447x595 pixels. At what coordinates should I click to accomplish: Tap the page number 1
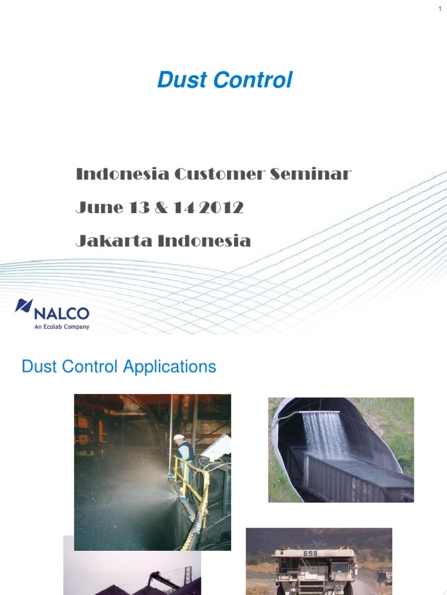tap(440, 9)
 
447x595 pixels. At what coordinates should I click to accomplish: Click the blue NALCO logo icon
tap(23, 306)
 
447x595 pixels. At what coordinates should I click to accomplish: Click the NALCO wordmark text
tap(62, 314)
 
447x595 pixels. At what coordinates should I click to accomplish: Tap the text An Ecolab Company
tap(62, 327)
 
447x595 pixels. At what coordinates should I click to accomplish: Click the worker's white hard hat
tap(179, 437)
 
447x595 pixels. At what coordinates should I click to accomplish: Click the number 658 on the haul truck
tap(310, 553)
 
